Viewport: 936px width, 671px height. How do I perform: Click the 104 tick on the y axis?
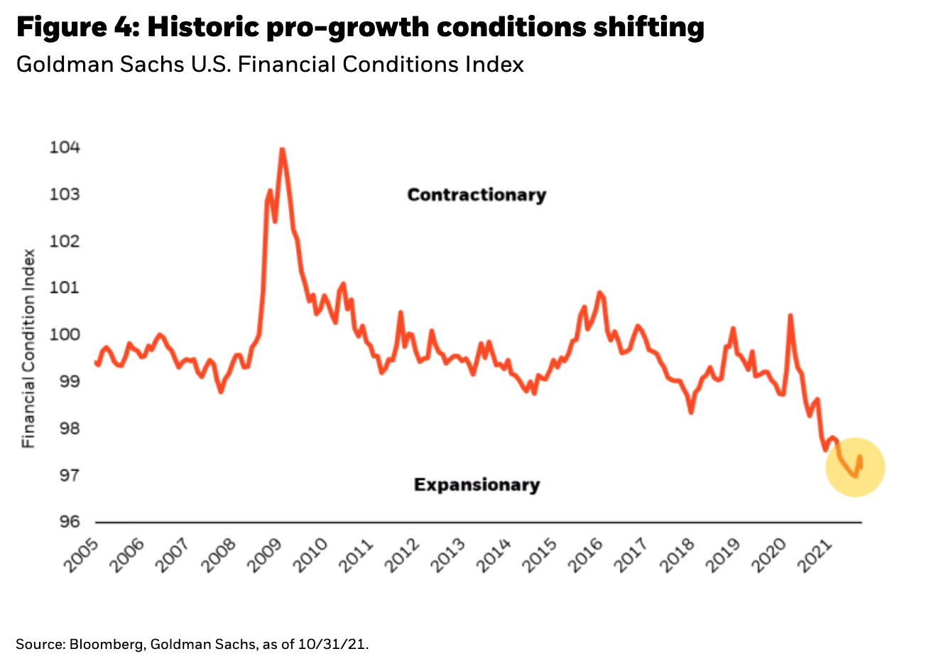[65, 148]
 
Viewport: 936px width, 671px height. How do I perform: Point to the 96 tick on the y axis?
[65, 522]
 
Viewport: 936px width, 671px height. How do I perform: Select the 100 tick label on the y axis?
[65, 335]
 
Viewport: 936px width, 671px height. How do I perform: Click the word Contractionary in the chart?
[477, 195]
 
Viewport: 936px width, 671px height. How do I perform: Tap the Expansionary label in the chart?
[477, 485]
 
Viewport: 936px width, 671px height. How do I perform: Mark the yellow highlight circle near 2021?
[855, 467]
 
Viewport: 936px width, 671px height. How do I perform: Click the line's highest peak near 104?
[282, 149]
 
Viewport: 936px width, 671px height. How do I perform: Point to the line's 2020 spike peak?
[790, 315]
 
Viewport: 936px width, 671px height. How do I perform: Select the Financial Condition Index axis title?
[28, 348]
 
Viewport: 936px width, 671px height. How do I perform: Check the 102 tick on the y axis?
[65, 241]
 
